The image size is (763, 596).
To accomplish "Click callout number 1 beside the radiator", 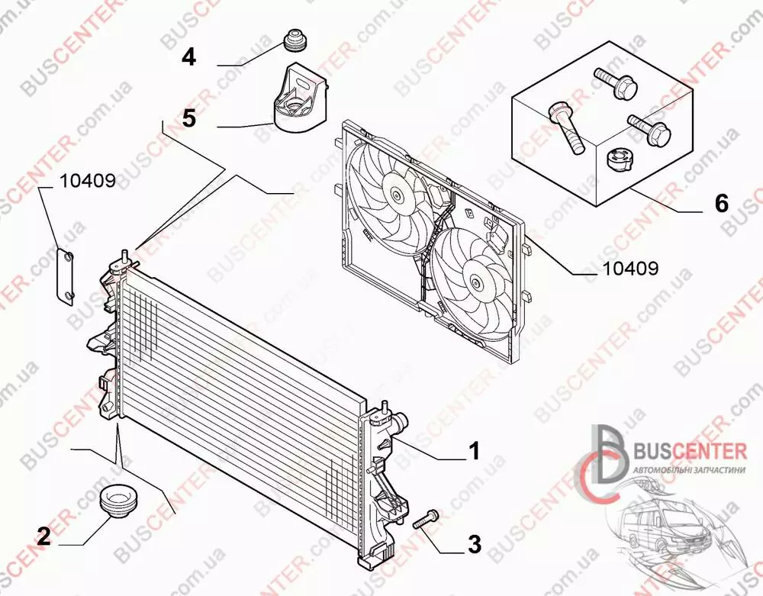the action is pyautogui.click(x=473, y=451).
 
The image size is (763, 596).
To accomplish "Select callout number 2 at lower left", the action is pyautogui.click(x=43, y=536).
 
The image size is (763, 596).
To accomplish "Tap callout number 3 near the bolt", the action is pyautogui.click(x=474, y=544).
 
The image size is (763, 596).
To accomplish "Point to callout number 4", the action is pyautogui.click(x=188, y=57).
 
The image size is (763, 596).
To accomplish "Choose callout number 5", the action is pyautogui.click(x=188, y=118).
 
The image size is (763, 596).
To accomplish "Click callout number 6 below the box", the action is pyautogui.click(x=722, y=203).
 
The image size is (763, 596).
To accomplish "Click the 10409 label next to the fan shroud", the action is pyautogui.click(x=631, y=268).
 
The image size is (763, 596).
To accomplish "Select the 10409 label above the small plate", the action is pyautogui.click(x=88, y=181).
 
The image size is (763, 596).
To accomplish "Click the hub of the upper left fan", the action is pyautogui.click(x=398, y=196).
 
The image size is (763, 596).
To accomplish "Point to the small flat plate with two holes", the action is pyautogui.click(x=64, y=277).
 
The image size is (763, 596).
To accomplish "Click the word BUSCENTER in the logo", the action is pyautogui.click(x=689, y=450).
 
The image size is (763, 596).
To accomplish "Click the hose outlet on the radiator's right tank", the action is pyautogui.click(x=400, y=420).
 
